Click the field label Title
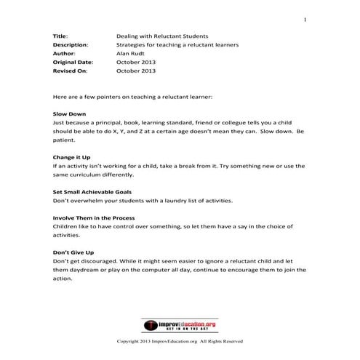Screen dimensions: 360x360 click(x=60, y=36)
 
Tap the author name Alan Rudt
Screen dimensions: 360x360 click(x=131, y=53)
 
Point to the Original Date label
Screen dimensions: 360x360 click(x=73, y=63)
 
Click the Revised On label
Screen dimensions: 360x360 click(x=68, y=71)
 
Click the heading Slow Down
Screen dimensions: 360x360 click(x=70, y=115)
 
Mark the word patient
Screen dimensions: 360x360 click(x=64, y=141)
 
